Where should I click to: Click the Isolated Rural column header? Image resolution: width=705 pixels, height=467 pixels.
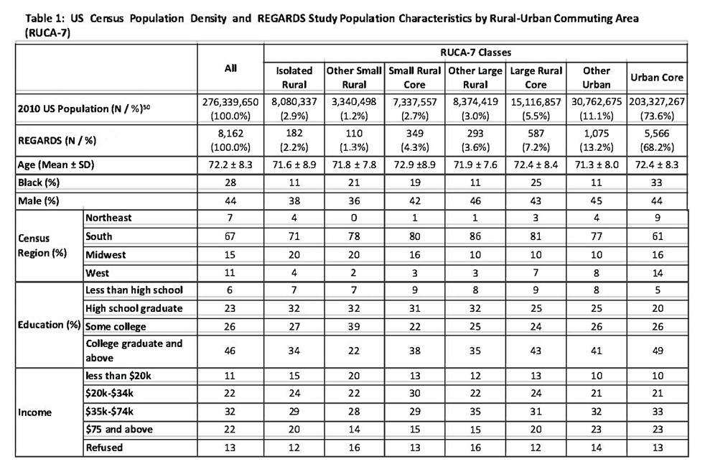pos(294,77)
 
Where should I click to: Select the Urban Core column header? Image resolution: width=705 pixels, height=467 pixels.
pos(657,77)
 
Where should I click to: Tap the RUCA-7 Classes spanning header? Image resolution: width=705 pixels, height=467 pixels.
pos(476,52)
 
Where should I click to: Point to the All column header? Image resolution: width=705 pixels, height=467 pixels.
pos(230,69)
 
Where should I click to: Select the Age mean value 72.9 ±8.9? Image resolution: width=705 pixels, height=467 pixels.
pos(414,165)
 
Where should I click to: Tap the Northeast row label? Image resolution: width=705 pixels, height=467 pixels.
pos(108,217)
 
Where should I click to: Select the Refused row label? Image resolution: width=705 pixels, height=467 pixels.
pos(103,448)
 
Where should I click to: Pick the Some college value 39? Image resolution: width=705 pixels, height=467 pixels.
pos(354,327)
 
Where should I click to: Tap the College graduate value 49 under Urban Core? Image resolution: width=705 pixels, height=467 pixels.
pos(657,350)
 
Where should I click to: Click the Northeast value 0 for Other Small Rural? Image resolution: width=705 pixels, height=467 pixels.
pos(354,217)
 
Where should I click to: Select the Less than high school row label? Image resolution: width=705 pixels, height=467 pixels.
pos(134,290)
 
